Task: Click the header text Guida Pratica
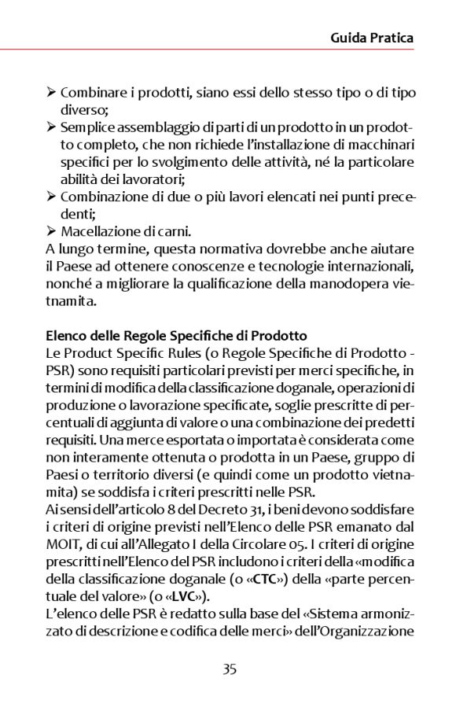click(371, 38)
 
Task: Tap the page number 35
click(230, 669)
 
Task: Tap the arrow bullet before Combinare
click(51, 94)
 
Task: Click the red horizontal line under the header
click(228, 50)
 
